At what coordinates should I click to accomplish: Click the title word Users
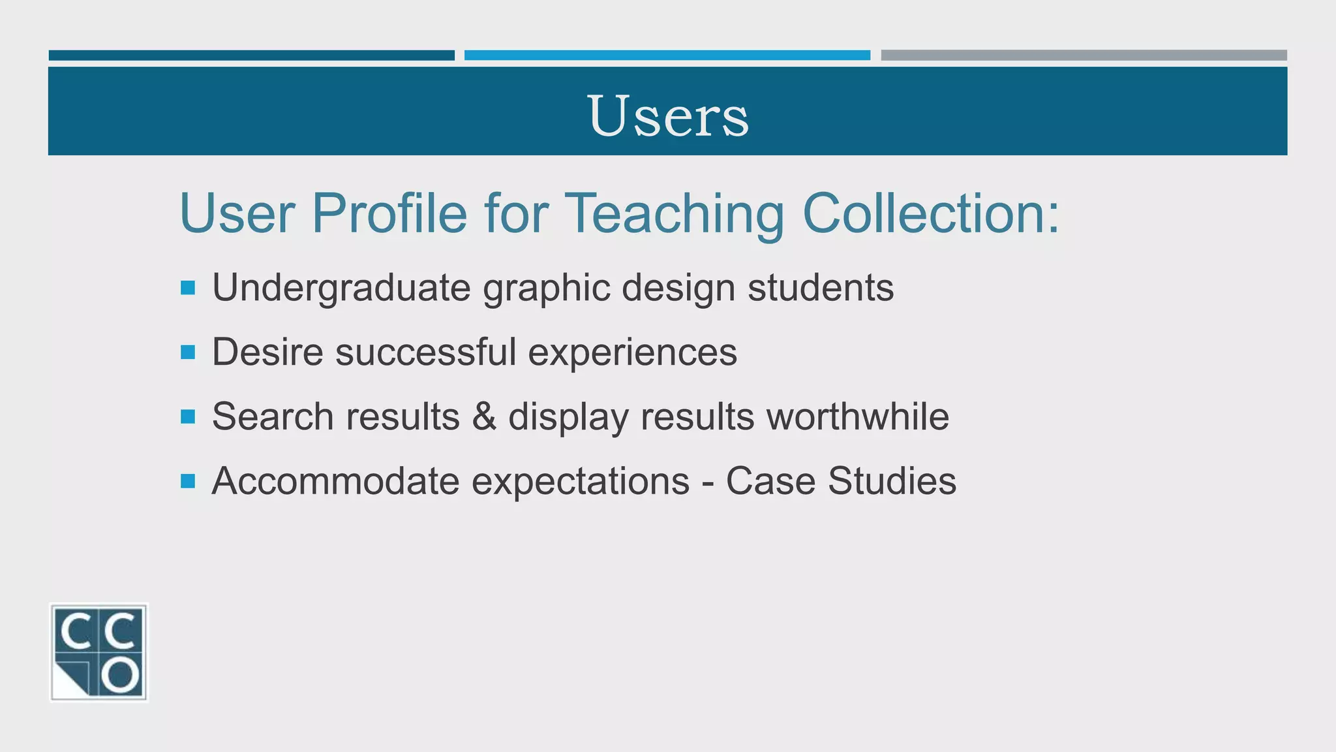(668, 116)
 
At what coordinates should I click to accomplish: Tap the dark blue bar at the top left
(251, 55)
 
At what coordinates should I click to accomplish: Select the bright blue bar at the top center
(667, 55)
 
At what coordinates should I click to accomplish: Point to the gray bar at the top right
(1084, 55)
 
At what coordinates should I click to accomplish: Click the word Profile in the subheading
(389, 213)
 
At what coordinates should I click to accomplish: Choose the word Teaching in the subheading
(674, 213)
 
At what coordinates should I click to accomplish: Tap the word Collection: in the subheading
(931, 213)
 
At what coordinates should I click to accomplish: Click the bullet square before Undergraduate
(188, 288)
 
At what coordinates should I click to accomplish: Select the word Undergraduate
(341, 288)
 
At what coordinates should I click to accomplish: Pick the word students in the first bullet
(820, 288)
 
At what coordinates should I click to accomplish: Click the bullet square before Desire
(188, 352)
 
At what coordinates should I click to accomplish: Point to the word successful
(425, 352)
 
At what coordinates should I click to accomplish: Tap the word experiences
(632, 352)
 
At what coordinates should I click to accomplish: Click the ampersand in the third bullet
(484, 416)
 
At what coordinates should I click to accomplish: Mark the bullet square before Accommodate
(188, 482)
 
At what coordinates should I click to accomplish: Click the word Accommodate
(335, 482)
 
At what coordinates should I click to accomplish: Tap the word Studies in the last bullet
(892, 482)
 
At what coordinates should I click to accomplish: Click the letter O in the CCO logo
(121, 676)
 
